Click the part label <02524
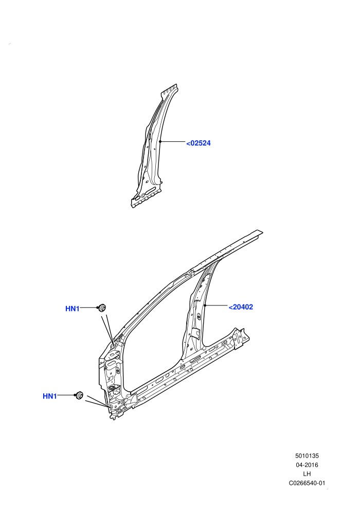[x=199, y=143]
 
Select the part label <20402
[x=241, y=307]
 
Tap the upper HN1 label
[x=73, y=308]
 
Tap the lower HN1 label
[x=50, y=396]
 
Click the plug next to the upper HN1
[x=102, y=307]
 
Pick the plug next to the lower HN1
[x=79, y=396]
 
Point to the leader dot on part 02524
[x=160, y=141]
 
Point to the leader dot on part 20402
[x=205, y=305]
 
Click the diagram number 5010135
[x=307, y=456]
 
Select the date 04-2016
[x=307, y=465]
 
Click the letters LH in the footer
[x=307, y=474]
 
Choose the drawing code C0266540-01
[x=307, y=483]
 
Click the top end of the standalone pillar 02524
[x=169, y=88]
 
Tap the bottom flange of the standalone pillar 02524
[x=146, y=198]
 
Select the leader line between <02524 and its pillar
[x=172, y=141]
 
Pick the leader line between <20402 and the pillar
[x=216, y=305]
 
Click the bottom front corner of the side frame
[x=113, y=419]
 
